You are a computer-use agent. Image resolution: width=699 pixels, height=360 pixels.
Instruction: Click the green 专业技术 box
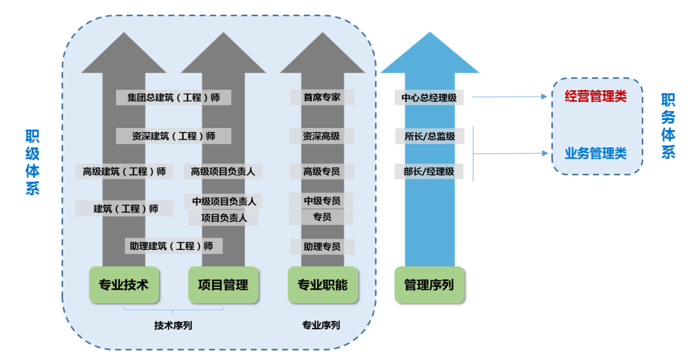pos(124,285)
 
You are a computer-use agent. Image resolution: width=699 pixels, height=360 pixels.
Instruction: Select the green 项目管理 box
pos(223,285)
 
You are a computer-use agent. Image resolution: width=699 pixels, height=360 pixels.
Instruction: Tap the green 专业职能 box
pos(322,285)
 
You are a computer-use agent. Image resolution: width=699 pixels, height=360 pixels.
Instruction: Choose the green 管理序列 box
pos(429,285)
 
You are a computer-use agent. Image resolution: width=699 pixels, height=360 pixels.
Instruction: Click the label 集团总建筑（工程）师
pos(173,98)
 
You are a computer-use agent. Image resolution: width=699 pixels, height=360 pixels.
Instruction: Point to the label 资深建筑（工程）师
pos(173,136)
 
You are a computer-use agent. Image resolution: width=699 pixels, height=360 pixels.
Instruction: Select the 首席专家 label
pos(322,97)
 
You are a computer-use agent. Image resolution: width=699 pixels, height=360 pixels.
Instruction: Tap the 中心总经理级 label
pos(429,98)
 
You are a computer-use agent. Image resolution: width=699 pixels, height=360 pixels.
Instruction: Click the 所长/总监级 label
pos(429,136)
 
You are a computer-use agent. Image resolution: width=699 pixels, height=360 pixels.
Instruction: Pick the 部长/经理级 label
pos(429,172)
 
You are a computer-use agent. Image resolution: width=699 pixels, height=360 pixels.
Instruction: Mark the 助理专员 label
pos(322,247)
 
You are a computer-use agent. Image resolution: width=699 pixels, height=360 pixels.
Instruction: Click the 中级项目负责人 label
pos(223,201)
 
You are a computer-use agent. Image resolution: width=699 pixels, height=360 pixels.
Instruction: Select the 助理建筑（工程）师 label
pos(173,246)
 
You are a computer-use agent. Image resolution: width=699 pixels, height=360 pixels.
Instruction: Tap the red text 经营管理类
pos(596,96)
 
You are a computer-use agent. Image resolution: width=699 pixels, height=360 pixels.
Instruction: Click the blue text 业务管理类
pos(596,153)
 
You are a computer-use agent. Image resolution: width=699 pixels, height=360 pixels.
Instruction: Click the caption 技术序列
pos(173,326)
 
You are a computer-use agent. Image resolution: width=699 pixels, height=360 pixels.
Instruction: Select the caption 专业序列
pos(321,325)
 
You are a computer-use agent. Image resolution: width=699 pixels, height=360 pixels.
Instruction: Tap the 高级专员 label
pos(322,172)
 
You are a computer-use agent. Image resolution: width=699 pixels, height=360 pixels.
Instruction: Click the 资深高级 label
pos(322,136)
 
